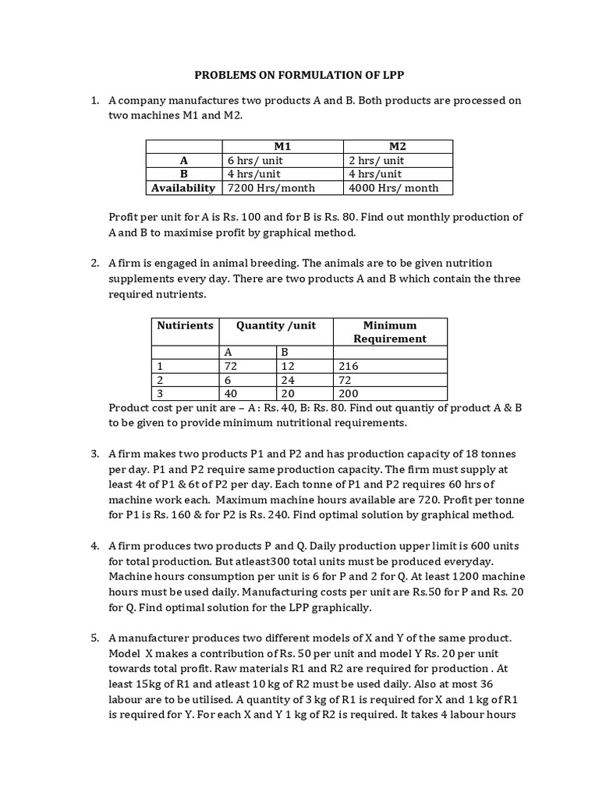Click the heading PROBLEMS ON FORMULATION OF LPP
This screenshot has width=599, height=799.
tap(299, 75)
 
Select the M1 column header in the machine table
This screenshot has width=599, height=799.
tap(282, 147)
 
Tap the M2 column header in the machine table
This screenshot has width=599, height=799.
tap(398, 147)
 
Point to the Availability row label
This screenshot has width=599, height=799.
tap(183, 188)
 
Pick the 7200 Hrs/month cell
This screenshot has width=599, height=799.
tap(265, 188)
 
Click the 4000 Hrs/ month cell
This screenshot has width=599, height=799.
tap(394, 188)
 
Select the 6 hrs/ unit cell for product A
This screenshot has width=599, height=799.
tap(252, 161)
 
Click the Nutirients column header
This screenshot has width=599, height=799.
tap(185, 325)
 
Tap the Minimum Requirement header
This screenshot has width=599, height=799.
tap(390, 332)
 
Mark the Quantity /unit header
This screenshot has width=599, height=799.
tap(276, 325)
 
